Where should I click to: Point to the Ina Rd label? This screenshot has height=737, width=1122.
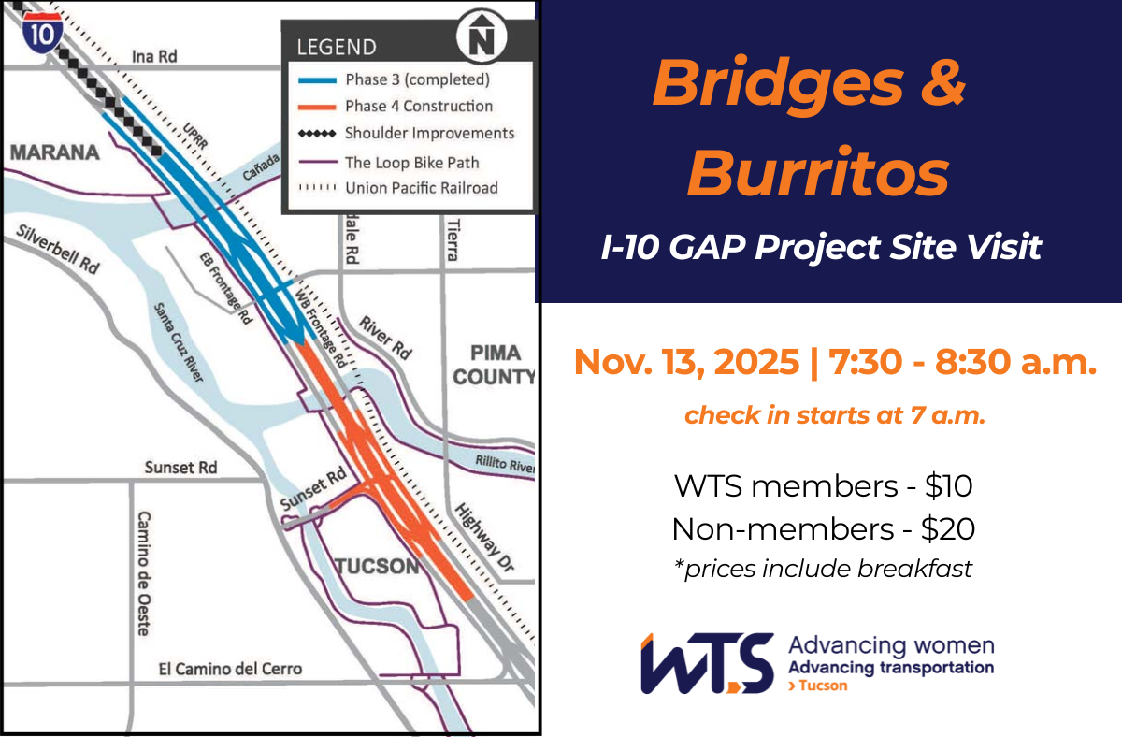(154, 57)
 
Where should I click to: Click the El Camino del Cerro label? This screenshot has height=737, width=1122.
(231, 669)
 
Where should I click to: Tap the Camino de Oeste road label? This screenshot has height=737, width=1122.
(143, 572)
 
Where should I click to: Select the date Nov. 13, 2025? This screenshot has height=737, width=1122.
(684, 361)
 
